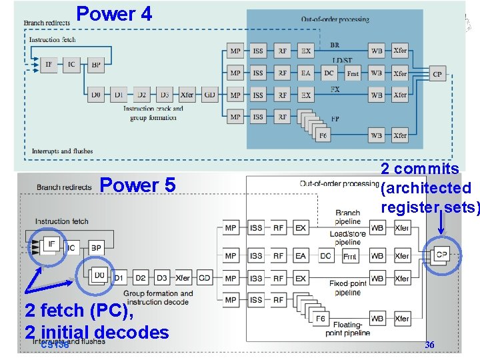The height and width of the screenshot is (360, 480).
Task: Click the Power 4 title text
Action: coord(114,13)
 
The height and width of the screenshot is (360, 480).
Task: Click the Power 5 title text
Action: coord(137,185)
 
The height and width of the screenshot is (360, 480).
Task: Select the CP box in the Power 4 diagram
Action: coord(437,74)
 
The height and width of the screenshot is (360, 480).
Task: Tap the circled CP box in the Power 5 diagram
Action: coord(441,255)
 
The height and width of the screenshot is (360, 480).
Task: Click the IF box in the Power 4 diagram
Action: coord(49,65)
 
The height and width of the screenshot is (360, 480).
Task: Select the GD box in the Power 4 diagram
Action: coord(210,95)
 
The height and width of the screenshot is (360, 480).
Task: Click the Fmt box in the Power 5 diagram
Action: coord(349,256)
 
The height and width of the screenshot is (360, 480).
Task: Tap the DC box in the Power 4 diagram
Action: coord(329,73)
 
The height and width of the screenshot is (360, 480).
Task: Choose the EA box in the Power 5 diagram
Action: coord(301,256)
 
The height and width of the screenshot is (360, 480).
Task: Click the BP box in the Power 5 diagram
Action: coord(96,248)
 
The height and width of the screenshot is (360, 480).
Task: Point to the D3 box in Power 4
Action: coord(163,95)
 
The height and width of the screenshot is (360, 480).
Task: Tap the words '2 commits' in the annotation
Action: coord(419,169)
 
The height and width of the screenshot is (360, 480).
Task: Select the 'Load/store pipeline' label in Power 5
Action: coord(348,238)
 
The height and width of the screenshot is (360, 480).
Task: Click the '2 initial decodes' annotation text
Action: coord(97,332)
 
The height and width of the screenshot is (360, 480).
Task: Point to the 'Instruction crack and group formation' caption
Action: coord(153,113)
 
